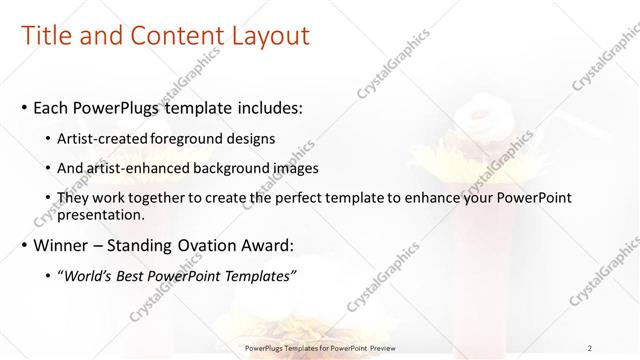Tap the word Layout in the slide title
click(x=271, y=37)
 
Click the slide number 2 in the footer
click(x=590, y=347)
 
